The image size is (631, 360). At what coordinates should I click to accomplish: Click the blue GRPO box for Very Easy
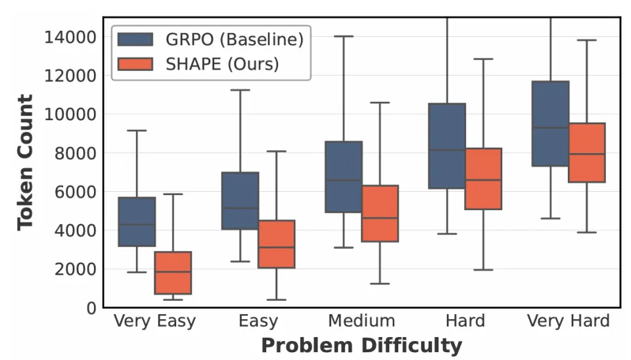pos(137,222)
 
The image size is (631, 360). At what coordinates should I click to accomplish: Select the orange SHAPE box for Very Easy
pos(173,273)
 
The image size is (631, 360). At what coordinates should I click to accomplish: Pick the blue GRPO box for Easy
pos(240,201)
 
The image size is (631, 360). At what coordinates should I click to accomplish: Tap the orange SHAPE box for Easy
pos(276,244)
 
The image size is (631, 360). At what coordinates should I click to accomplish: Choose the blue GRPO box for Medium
pos(344,177)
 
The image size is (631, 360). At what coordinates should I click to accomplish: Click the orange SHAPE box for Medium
pos(380,214)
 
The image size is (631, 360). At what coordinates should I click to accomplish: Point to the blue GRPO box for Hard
pos(447,146)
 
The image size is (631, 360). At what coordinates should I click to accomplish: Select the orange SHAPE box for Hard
pos(483,179)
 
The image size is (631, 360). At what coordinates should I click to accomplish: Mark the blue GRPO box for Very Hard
pos(551,124)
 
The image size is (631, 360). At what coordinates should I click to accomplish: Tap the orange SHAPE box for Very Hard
pos(587,152)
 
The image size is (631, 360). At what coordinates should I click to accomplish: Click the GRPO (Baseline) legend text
pos(235,39)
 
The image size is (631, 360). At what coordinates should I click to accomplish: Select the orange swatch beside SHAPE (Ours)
pos(135,64)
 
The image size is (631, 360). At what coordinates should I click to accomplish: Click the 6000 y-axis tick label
pos(75,192)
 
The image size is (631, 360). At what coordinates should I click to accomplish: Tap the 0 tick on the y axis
pos(91,308)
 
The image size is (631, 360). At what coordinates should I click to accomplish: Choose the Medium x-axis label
pos(362,321)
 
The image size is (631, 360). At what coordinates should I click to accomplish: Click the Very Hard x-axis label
pos(569,321)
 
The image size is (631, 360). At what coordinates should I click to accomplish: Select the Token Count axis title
pos(25,162)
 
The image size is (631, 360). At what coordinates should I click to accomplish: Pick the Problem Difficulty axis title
pos(361,346)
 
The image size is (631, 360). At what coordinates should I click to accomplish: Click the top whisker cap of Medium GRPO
pos(344,36)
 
